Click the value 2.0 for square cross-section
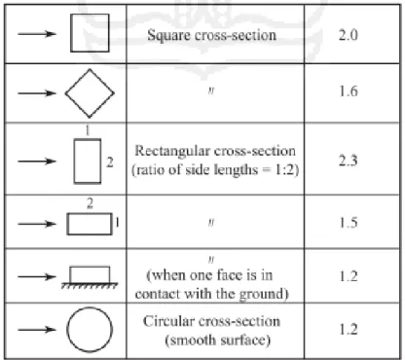click(349, 35)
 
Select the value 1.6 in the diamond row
click(349, 91)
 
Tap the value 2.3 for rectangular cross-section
click(349, 161)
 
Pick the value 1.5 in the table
click(349, 223)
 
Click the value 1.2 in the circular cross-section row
click(349, 330)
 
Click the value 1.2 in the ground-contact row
click(349, 276)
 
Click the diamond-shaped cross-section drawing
click(77, 81)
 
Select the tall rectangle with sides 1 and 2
click(74, 162)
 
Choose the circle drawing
click(67, 330)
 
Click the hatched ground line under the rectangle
click(90, 285)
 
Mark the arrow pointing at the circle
click(37, 330)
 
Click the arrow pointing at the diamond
click(37, 93)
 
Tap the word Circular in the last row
click(168, 321)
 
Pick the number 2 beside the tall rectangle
click(110, 162)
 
